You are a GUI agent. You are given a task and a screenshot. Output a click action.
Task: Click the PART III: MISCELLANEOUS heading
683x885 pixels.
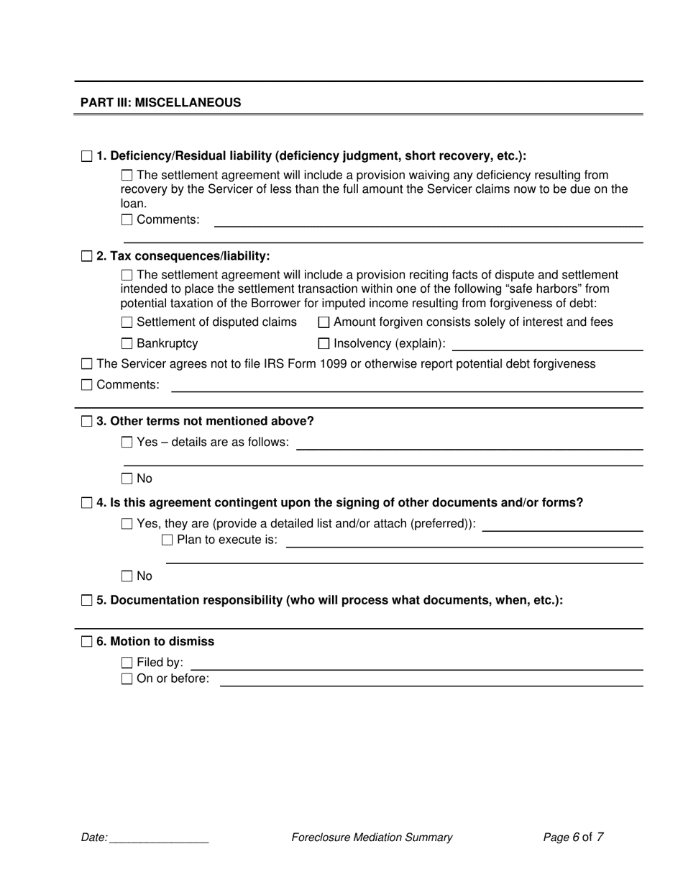click(160, 102)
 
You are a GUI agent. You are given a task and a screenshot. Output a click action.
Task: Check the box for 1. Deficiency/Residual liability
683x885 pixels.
click(87, 156)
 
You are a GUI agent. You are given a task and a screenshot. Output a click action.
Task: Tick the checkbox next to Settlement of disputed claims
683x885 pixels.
click(127, 322)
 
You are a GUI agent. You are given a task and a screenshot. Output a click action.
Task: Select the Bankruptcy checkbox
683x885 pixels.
click(127, 344)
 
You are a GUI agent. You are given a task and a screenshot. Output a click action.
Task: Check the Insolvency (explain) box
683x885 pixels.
click(324, 344)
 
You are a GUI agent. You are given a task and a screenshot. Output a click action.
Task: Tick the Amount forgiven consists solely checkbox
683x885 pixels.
click(324, 322)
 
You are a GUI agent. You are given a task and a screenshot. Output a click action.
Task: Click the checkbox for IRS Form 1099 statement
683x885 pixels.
click(87, 364)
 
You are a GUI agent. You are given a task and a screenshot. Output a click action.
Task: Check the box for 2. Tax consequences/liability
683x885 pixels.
click(87, 256)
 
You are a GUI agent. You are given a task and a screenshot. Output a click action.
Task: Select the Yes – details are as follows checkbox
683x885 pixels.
click(127, 442)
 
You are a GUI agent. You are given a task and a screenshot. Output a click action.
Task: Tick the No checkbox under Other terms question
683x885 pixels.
click(127, 478)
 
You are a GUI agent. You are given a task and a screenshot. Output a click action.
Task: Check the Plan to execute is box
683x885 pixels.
click(168, 540)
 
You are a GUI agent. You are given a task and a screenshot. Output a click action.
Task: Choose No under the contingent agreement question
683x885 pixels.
click(127, 576)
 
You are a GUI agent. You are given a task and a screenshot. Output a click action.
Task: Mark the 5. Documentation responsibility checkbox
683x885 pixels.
click(87, 600)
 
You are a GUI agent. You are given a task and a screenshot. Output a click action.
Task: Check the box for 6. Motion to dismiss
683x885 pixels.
click(87, 642)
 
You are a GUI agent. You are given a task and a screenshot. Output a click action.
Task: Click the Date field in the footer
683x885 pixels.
click(159, 838)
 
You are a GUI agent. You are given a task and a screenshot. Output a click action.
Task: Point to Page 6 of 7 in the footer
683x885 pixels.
click(573, 838)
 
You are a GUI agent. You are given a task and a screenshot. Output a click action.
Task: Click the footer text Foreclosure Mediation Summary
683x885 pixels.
click(372, 838)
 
